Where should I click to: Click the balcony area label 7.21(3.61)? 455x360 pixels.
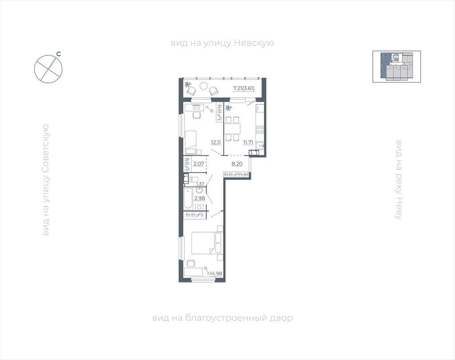pos(244,88)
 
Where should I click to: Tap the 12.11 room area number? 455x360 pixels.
pos(216,142)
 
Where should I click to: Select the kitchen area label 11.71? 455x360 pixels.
pos(248,142)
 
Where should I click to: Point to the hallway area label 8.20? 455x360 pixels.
pos(237,164)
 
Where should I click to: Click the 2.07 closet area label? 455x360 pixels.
pos(199,164)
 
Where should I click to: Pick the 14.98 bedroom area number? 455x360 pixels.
pos(216,273)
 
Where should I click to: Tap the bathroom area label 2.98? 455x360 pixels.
pos(200,198)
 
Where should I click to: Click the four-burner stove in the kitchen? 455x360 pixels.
pos(260,129)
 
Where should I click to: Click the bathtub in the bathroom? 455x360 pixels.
pos(188,198)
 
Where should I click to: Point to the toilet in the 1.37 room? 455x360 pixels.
pos(192,179)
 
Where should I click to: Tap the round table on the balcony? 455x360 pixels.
pos(204,86)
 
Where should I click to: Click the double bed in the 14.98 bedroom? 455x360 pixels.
pos(206,243)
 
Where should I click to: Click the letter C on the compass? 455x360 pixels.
pos(58,54)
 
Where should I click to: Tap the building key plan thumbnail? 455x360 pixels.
pos(396,67)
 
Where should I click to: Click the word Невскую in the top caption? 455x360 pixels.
pos(254,43)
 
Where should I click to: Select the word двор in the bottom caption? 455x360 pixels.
pos(281,318)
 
